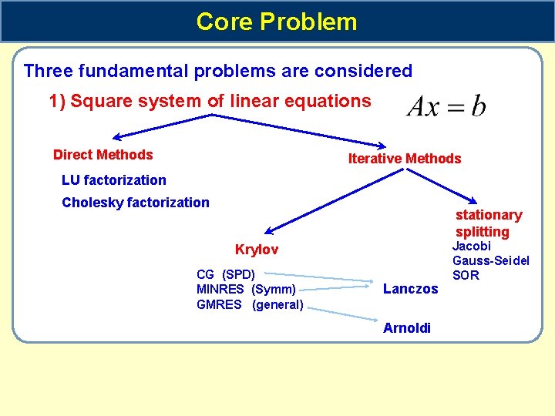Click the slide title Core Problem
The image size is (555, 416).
[277, 21]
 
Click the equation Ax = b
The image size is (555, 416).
[446, 106]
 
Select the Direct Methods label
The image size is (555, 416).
[103, 155]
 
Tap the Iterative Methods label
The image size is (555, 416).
[404, 159]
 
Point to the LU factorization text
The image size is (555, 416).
[113, 180]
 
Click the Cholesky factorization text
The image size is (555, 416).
[135, 203]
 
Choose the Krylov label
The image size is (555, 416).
[256, 250]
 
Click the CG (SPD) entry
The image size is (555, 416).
[226, 274]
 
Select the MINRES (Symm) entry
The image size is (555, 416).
[246, 289]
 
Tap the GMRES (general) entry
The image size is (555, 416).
[250, 304]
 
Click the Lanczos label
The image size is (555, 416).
[410, 289]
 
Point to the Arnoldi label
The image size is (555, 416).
[407, 328]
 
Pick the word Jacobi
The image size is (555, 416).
[471, 247]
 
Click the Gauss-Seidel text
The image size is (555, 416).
[490, 260]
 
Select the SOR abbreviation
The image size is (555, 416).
[466, 275]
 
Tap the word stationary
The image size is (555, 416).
[488, 215]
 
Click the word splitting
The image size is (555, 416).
[482, 232]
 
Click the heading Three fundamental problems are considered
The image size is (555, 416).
[218, 72]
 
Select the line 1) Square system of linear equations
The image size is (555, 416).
[210, 101]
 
